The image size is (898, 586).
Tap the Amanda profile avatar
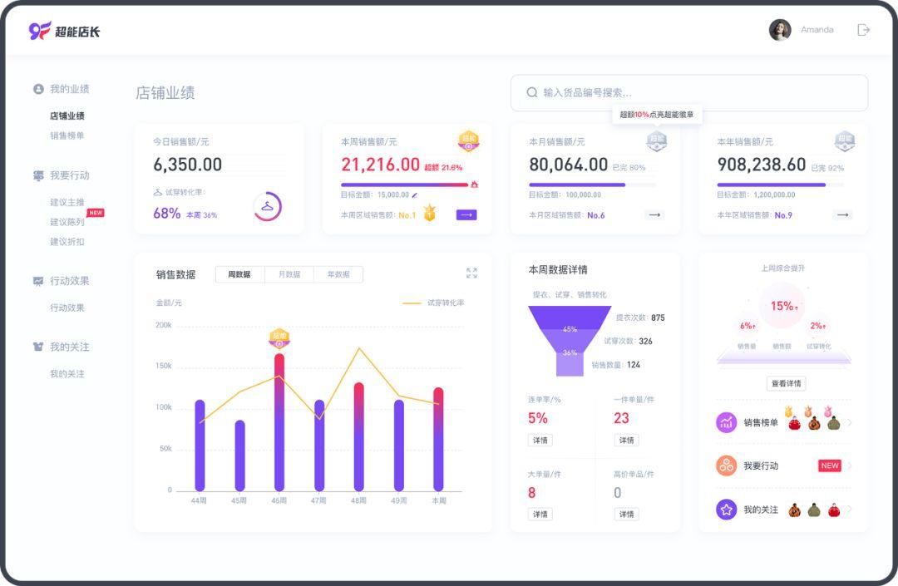pyautogui.click(x=780, y=30)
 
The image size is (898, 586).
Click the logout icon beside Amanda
pyautogui.click(x=863, y=30)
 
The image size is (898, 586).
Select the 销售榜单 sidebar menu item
pyautogui.click(x=67, y=135)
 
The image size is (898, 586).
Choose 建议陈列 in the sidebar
pyautogui.click(x=67, y=222)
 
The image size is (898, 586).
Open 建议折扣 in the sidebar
pyautogui.click(x=67, y=242)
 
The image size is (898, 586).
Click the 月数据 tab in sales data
pyautogui.click(x=289, y=274)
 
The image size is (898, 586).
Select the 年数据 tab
pyautogui.click(x=338, y=274)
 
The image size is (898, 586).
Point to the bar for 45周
pyautogui.click(x=239, y=456)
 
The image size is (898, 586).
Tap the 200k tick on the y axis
pyautogui.click(x=163, y=325)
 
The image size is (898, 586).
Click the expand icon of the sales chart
pyautogui.click(x=471, y=273)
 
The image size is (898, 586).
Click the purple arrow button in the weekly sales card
pyautogui.click(x=466, y=215)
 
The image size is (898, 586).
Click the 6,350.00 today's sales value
pyautogui.click(x=187, y=165)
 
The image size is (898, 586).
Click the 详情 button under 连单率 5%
pyautogui.click(x=540, y=441)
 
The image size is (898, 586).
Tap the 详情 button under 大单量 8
pyautogui.click(x=540, y=515)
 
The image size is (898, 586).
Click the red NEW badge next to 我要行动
pyautogui.click(x=830, y=466)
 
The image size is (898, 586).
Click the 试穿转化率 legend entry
pyautogui.click(x=434, y=303)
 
